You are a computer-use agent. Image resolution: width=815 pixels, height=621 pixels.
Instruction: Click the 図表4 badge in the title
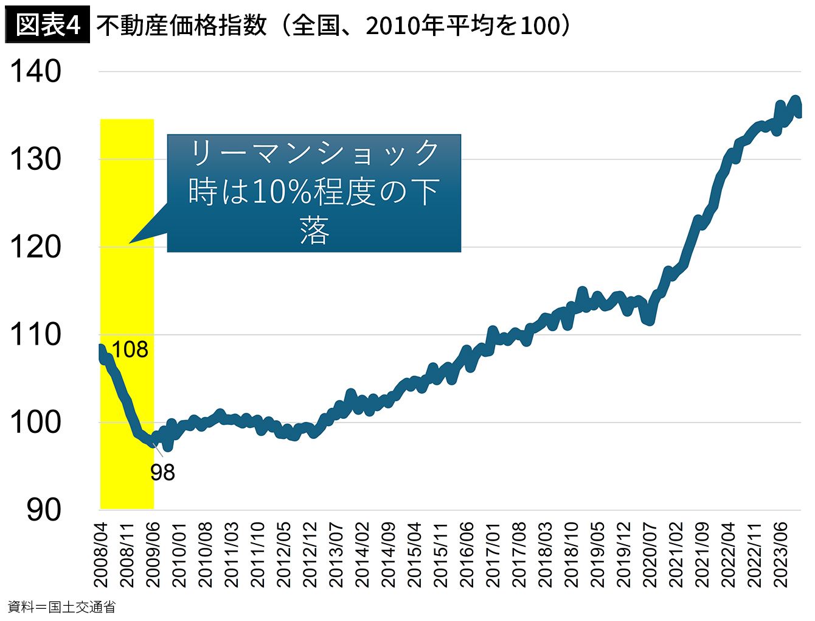click(x=47, y=24)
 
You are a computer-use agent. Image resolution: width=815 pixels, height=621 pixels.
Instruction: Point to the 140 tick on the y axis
click(x=36, y=71)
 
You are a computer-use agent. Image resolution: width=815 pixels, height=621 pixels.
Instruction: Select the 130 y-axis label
click(x=36, y=159)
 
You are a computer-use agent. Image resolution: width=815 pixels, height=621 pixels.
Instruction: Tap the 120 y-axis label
click(x=36, y=247)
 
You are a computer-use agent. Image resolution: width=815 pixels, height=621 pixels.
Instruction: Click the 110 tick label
click(x=36, y=335)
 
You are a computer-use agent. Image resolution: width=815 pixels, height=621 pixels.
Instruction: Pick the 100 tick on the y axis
click(x=36, y=423)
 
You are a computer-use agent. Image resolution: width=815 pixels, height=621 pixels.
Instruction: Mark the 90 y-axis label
click(x=44, y=510)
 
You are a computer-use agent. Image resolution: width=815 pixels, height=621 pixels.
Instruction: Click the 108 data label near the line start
click(x=130, y=349)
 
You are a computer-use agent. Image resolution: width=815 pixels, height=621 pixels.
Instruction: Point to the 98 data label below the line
click(x=162, y=472)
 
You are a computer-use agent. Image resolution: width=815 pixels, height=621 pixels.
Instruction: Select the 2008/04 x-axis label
click(x=100, y=555)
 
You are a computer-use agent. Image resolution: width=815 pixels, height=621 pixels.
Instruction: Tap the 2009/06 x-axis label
click(x=153, y=555)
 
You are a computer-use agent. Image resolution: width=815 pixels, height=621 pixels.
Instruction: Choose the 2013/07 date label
click(x=336, y=555)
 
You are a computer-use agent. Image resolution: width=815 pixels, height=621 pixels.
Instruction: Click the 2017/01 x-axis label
click(x=492, y=555)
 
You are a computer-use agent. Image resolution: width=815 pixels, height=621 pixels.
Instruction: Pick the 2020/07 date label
click(x=650, y=555)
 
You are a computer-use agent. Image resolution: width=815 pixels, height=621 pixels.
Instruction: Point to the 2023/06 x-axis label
click(x=780, y=555)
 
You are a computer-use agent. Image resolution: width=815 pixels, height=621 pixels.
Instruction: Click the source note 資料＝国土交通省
click(x=61, y=607)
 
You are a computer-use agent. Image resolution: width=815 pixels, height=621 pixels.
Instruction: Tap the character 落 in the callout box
click(x=314, y=231)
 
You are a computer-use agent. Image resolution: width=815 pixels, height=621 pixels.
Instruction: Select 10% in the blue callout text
click(x=283, y=192)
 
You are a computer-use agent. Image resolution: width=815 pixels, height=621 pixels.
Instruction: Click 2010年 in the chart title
click(x=406, y=26)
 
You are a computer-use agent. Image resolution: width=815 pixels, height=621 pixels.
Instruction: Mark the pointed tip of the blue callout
click(x=129, y=244)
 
